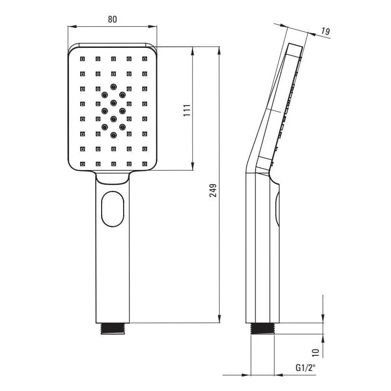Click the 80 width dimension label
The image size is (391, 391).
tap(112, 19)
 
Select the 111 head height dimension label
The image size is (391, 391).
tap(187, 110)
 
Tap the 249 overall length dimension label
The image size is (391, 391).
tap(213, 191)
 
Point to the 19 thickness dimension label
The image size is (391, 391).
tap(325, 31)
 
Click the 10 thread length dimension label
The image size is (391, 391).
tap(315, 352)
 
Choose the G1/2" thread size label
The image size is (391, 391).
tap(305, 368)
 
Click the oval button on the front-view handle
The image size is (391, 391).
tap(113, 209)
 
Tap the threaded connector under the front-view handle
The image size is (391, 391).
tap(113, 328)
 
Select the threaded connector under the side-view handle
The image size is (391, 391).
tap(262, 328)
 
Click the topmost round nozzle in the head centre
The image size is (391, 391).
tap(113, 87)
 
